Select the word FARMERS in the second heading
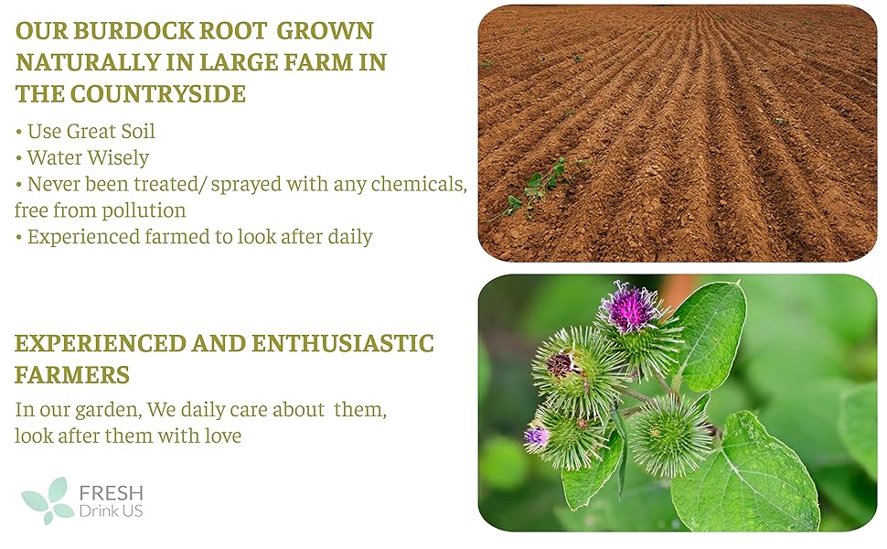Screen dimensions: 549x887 [72, 375]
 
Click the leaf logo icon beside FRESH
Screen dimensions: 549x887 [48, 501]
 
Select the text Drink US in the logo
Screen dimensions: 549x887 [112, 511]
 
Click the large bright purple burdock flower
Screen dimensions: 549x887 [629, 308]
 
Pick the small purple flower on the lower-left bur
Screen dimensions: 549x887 [536, 436]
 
